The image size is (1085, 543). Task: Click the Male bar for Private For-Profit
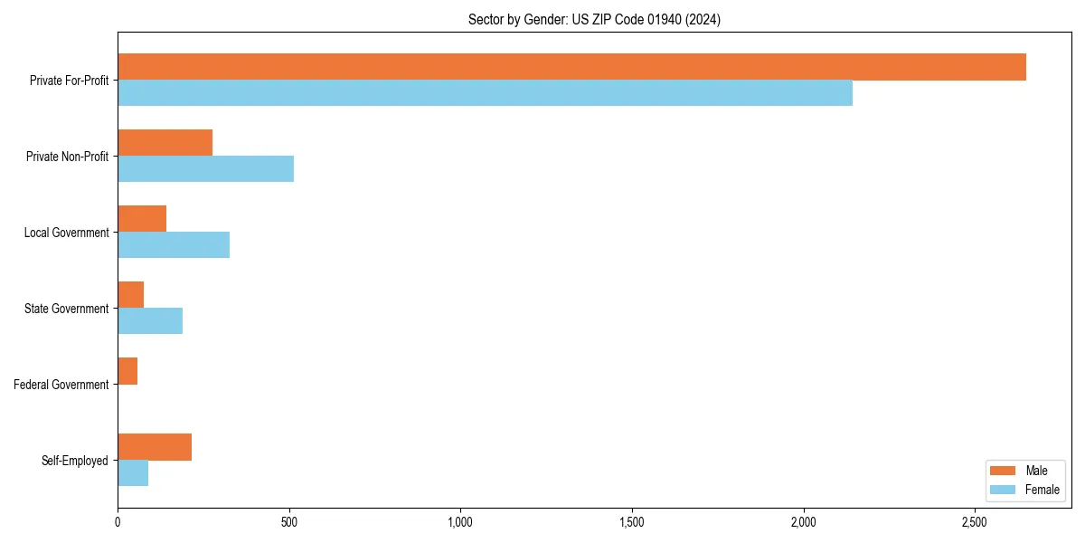(571, 67)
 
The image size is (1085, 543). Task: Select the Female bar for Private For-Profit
(485, 93)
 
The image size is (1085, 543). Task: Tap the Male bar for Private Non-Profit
(165, 143)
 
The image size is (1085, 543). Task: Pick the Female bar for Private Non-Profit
(205, 169)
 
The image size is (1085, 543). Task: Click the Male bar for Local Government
(142, 219)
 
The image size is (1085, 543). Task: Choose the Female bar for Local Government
(174, 245)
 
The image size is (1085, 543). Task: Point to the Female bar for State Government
(150, 321)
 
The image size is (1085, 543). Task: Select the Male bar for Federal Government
(127, 371)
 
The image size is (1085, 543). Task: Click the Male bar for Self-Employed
(155, 447)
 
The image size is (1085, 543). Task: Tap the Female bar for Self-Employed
(133, 473)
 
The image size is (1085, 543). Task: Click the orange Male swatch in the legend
(1004, 471)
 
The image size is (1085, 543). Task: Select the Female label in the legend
(1043, 490)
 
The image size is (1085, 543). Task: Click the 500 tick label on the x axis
(289, 522)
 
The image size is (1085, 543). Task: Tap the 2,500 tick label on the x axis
(975, 522)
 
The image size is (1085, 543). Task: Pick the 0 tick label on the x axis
(118, 522)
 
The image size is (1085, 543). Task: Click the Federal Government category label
(61, 385)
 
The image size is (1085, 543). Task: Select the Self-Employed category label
(75, 461)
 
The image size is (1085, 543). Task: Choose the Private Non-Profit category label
(67, 157)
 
